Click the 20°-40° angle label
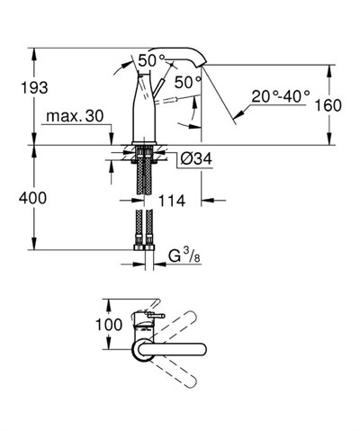tap(280, 94)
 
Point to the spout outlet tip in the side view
tap(204, 63)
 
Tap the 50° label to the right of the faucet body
tap(188, 82)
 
